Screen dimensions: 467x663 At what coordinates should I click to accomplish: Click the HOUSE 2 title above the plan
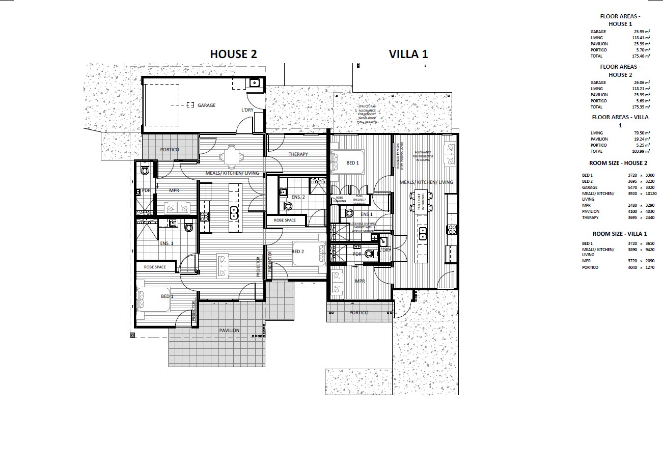(x=234, y=54)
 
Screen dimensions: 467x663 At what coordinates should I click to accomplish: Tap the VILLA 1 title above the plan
(x=408, y=54)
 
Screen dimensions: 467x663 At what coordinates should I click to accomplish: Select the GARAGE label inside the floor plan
(x=207, y=105)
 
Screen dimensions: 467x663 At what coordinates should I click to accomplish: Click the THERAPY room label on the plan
(x=298, y=154)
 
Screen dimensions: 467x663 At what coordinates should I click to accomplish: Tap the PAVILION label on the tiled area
(x=229, y=331)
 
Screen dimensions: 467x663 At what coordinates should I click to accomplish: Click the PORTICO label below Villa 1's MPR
(x=359, y=313)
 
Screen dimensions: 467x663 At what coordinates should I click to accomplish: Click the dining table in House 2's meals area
(x=231, y=156)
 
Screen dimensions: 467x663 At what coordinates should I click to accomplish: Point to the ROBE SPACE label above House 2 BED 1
(x=155, y=267)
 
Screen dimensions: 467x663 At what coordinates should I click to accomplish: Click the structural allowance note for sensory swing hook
(x=367, y=115)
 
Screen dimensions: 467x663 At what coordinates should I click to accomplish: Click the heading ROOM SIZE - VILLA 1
(x=618, y=234)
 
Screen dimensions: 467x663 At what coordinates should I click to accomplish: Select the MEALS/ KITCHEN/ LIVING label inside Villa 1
(x=426, y=182)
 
